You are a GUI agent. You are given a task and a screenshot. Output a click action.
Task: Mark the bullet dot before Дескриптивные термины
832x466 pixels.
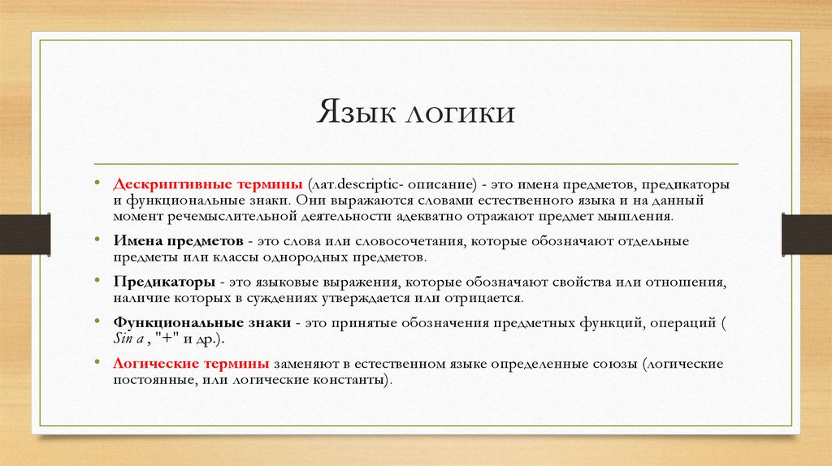pos(97,184)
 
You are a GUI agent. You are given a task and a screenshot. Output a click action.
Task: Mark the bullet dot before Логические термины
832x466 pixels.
pos(97,362)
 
